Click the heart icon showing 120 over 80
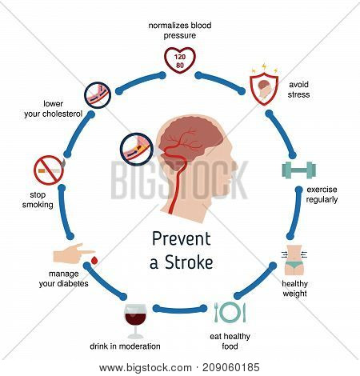tap(179, 60)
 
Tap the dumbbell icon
tap(299, 170)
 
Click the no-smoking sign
tap(49, 170)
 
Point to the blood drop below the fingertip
tap(94, 260)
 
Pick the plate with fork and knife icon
tap(230, 312)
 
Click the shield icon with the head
tap(264, 90)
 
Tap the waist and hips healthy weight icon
tap(294, 260)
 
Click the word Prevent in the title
tap(182, 239)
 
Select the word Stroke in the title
tap(189, 262)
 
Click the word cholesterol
tap(62, 114)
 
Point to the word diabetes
tap(75, 283)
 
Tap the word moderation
tap(139, 346)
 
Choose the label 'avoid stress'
tap(298, 90)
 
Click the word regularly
tap(322, 200)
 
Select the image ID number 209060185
tap(230, 367)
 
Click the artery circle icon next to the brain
tap(137, 150)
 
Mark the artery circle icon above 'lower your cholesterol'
tap(98, 95)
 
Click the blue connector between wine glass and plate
tap(180, 310)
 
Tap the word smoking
tap(38, 205)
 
